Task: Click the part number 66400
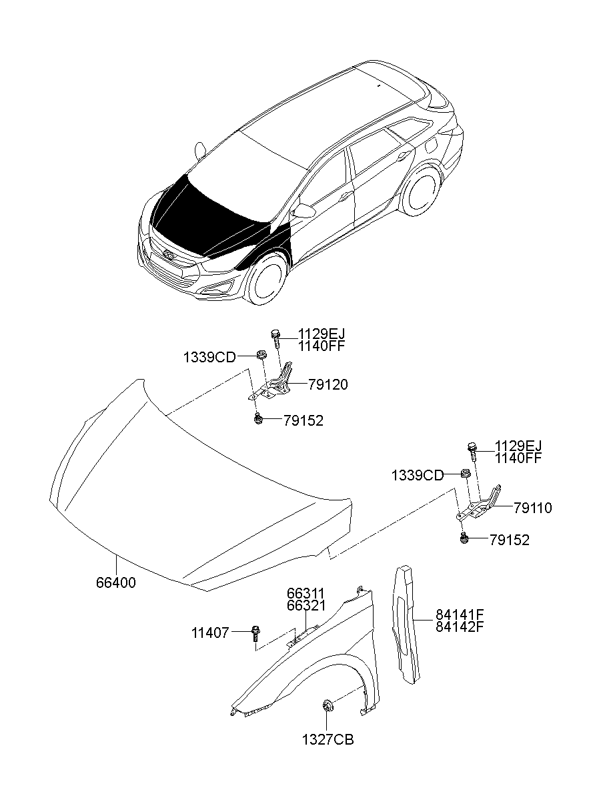pos(115,582)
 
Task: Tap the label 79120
pos(328,385)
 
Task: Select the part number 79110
pos(533,508)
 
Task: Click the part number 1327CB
pos(328,740)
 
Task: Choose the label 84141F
pos(460,615)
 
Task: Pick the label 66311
pos(306,593)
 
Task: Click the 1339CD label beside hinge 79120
pos(209,358)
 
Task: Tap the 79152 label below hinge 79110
pos(510,540)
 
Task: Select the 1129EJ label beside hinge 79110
pos(518,446)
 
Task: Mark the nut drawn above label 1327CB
pos(328,706)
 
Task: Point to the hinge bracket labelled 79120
pos(277,384)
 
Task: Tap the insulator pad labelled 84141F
pos(406,624)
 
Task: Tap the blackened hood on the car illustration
pos(200,214)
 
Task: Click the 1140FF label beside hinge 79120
pos(322,346)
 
